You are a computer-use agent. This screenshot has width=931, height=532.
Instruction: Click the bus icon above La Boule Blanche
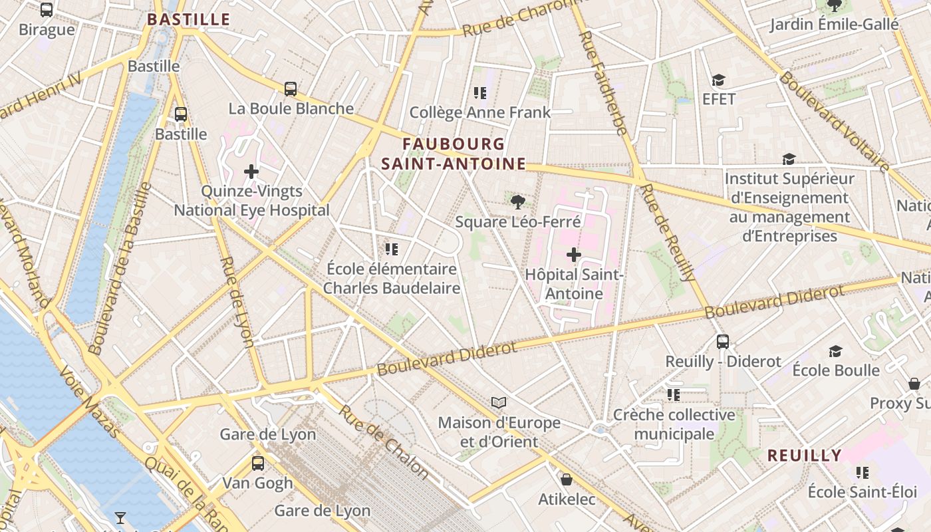click(x=291, y=88)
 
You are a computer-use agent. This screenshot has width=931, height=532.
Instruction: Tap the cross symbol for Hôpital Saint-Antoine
click(x=573, y=254)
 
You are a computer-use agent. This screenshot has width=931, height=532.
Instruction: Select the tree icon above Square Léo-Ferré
click(x=517, y=201)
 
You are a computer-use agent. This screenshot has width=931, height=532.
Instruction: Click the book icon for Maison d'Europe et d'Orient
click(x=499, y=402)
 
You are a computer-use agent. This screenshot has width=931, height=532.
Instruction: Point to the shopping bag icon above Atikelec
click(x=567, y=479)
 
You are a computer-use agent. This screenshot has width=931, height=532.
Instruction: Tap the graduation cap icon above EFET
click(x=718, y=80)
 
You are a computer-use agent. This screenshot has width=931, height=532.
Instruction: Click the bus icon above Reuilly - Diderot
click(x=723, y=342)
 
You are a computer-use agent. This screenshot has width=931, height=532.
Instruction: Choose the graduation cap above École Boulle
click(x=836, y=350)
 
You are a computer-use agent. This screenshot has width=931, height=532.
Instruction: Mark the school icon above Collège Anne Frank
click(x=480, y=92)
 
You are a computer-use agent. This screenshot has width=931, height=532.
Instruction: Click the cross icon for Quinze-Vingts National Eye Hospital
click(x=251, y=172)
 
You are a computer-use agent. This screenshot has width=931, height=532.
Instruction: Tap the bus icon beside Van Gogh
click(x=258, y=464)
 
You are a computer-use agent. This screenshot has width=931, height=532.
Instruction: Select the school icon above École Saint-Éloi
click(x=863, y=472)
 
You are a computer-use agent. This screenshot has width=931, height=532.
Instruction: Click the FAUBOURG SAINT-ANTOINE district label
click(x=454, y=154)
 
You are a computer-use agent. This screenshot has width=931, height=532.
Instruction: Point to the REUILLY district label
click(x=805, y=456)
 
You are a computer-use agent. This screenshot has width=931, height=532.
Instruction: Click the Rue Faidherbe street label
click(x=603, y=83)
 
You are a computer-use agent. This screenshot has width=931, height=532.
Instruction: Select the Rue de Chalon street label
click(x=383, y=442)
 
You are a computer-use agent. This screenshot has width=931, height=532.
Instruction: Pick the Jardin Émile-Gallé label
click(x=835, y=25)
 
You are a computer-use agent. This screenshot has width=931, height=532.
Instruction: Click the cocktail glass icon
click(x=120, y=517)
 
